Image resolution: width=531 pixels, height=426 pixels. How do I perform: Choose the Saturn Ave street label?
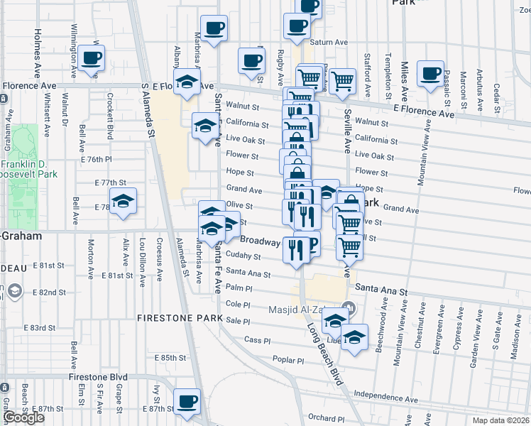[x=328, y=43]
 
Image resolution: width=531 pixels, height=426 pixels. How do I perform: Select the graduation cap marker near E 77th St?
[x=123, y=202]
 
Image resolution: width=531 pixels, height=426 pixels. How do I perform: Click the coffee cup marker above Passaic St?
[x=430, y=73]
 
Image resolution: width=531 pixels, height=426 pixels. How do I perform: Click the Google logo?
[x=23, y=417]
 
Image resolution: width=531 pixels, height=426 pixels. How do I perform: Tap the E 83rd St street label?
[x=40, y=328]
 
